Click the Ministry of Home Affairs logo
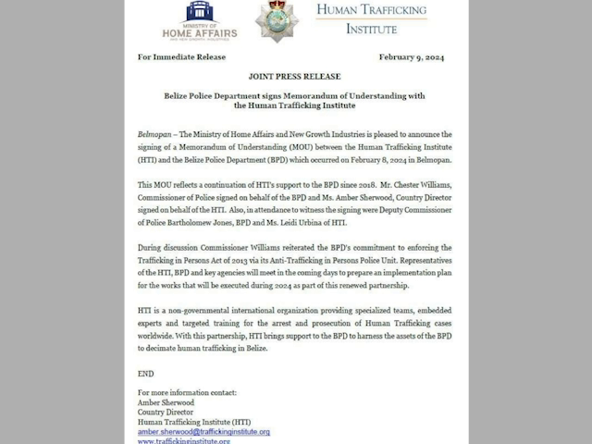pyautogui.click(x=200, y=21)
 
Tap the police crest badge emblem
pyautogui.click(x=276, y=21)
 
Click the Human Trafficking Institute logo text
pyautogui.click(x=372, y=18)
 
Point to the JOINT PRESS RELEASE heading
pyautogui.click(x=295, y=78)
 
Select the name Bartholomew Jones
pyautogui.click(x=220, y=223)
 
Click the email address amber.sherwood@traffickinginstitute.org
pyautogui.click(x=203, y=432)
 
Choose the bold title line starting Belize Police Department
pyautogui.click(x=295, y=96)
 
